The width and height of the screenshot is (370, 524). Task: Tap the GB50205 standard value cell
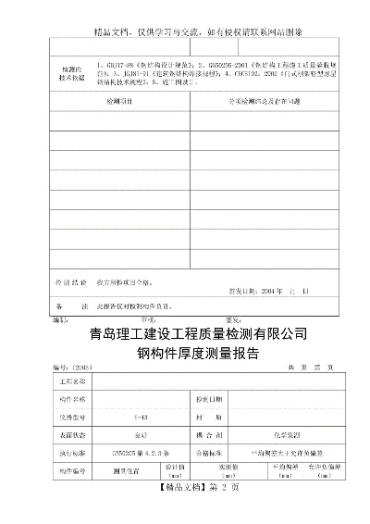141,454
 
